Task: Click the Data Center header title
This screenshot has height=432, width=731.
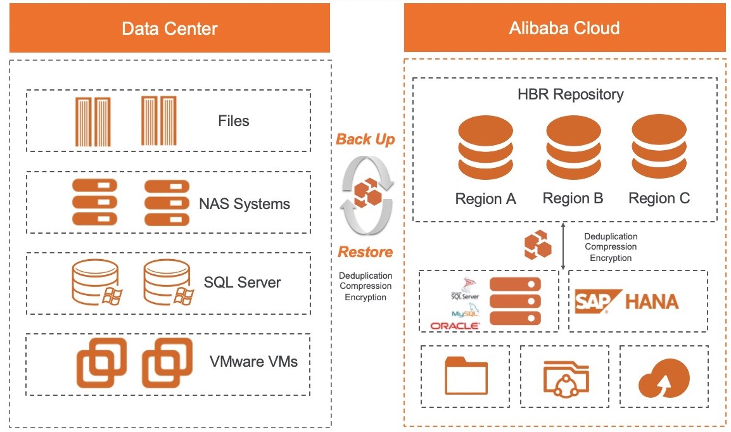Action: click(169, 29)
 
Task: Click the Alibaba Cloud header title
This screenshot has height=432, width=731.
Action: click(564, 29)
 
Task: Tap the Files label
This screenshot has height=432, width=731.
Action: click(234, 121)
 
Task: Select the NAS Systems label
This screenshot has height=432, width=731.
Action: click(245, 204)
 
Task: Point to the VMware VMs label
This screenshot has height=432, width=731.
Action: click(253, 362)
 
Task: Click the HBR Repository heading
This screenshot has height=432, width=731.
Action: click(570, 94)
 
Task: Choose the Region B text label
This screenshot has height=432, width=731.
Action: click(573, 198)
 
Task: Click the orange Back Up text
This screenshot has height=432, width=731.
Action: click(365, 139)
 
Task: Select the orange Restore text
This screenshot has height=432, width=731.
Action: click(365, 252)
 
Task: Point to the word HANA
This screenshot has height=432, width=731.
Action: click(651, 302)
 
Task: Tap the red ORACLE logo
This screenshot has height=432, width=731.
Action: click(455, 326)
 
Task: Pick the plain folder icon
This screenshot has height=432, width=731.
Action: click(466, 376)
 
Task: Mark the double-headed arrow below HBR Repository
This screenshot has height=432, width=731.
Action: click(564, 245)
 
